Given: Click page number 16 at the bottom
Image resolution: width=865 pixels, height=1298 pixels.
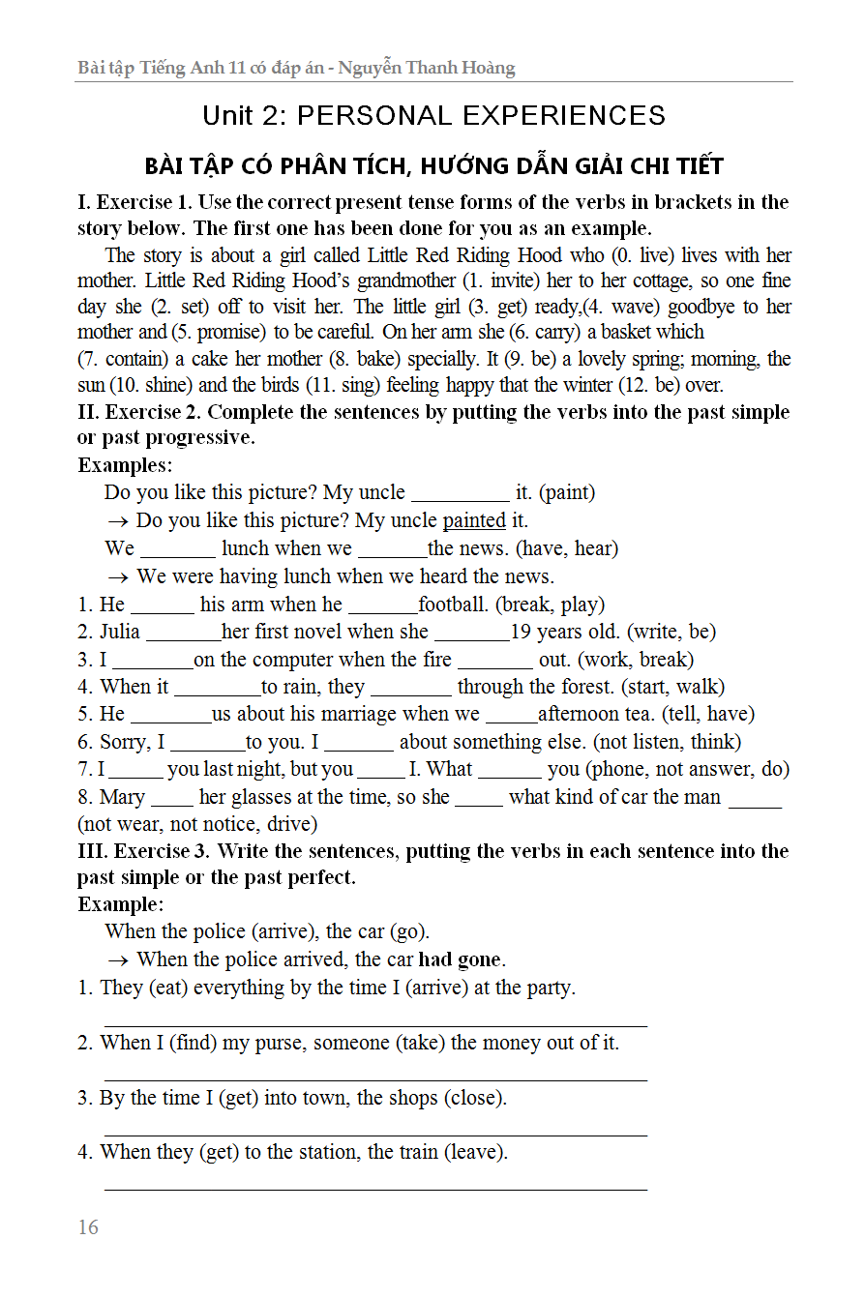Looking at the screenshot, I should [88, 1227].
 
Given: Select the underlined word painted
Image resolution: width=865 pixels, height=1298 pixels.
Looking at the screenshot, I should [474, 520].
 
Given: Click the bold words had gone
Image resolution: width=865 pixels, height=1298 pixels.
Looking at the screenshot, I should [460, 959].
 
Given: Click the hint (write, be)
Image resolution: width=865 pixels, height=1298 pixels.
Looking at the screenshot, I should [671, 632].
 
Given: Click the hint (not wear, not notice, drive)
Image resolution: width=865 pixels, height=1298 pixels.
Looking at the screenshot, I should [197, 824].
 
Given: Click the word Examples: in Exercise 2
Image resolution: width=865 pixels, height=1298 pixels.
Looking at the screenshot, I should [125, 465].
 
